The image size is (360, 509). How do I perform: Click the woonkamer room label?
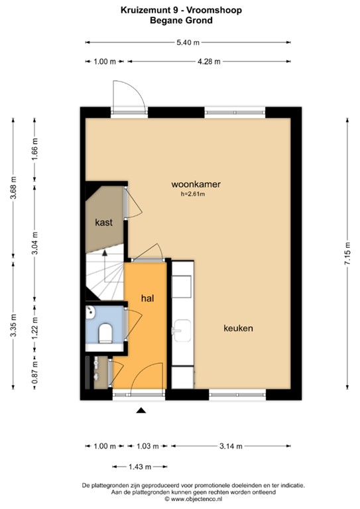(196, 184)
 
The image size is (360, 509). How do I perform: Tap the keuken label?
(239, 328)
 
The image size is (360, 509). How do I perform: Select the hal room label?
(147, 299)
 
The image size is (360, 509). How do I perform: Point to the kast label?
(103, 223)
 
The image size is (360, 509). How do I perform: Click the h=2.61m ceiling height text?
(193, 195)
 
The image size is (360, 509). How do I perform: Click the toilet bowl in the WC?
(105, 333)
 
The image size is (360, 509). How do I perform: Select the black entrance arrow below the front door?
(141, 411)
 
